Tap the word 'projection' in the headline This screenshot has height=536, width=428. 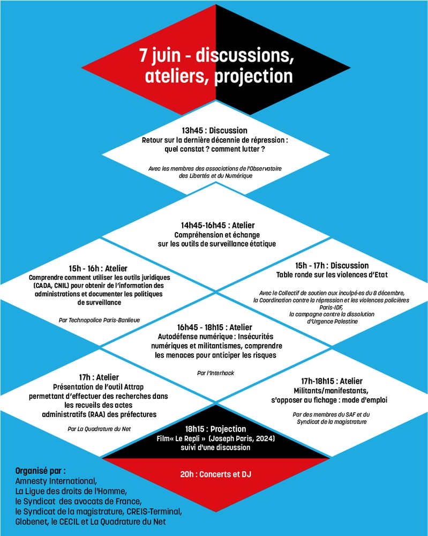[253, 76]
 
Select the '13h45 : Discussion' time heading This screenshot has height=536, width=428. [214, 130]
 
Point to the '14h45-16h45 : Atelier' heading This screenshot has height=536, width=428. [218, 225]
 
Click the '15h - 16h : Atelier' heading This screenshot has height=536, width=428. [98, 269]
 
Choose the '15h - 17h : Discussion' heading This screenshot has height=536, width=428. [332, 266]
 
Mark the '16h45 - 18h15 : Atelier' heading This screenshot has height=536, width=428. [214, 327]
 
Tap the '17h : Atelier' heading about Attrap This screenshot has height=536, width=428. [99, 377]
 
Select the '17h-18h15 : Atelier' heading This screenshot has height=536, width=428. [332, 381]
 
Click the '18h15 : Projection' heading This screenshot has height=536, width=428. [215, 429]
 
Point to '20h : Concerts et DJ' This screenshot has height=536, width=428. [215, 474]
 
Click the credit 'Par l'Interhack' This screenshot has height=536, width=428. [215, 373]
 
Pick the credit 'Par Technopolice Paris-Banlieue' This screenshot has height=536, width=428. [99, 321]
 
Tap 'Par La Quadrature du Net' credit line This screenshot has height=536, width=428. [99, 429]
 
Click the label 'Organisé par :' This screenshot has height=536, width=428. [40, 471]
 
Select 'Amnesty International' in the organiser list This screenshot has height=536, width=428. [56, 481]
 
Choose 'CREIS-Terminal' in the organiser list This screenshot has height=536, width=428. [154, 511]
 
